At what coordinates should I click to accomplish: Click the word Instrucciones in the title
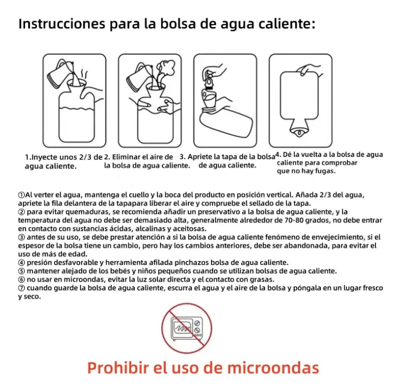[62, 24]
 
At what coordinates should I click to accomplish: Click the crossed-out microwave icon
[186, 328]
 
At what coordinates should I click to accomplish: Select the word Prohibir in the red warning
[118, 368]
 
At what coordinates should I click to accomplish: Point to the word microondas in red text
[273, 368]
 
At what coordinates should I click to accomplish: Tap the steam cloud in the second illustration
[166, 68]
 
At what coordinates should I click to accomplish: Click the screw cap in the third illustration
[209, 82]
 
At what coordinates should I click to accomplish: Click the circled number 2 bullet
[22, 212]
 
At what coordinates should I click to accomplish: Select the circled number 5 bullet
[22, 271]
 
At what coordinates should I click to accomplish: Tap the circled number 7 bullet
[22, 288]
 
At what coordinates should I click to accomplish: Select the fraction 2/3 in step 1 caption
[85, 157]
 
